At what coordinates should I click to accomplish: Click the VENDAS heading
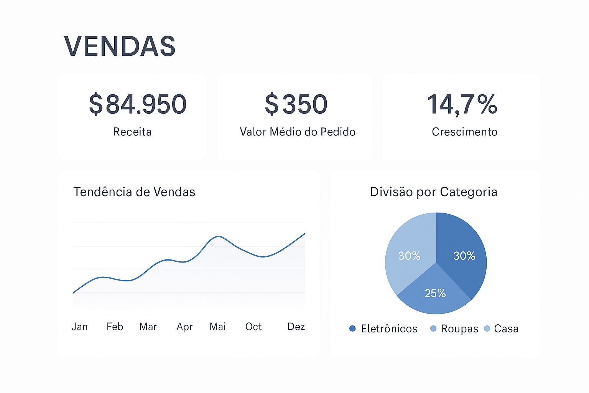[120, 46]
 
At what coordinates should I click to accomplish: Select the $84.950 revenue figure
[138, 104]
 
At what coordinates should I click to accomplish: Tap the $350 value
[296, 104]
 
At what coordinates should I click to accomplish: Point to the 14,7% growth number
[462, 104]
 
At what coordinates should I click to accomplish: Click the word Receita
[132, 132]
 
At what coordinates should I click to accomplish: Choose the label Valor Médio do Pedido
[298, 132]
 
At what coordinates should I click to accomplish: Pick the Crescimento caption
[464, 132]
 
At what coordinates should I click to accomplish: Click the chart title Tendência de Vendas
[134, 192]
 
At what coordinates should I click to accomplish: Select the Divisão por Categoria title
[434, 192]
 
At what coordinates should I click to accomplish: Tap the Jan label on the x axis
[80, 327]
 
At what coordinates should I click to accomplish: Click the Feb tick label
[115, 327]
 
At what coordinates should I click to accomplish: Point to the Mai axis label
[217, 327]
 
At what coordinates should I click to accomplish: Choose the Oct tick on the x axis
[253, 327]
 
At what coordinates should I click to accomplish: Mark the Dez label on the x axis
[296, 327]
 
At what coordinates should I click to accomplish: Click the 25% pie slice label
[435, 294]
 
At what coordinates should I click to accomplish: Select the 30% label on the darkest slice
[464, 256]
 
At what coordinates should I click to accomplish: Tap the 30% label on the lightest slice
[409, 256]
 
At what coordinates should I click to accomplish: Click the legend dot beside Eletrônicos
[352, 329]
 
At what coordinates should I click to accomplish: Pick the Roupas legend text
[460, 329]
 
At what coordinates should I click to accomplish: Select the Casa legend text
[506, 329]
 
